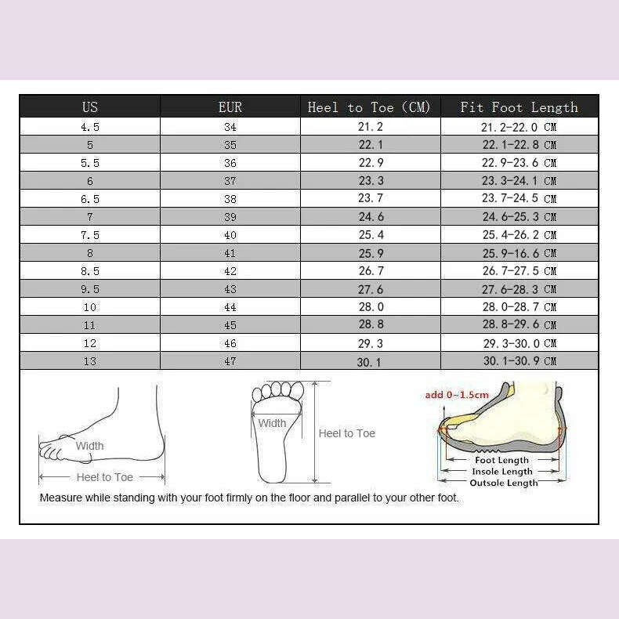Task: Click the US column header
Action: pyautogui.click(x=90, y=107)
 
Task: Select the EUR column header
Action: pyautogui.click(x=230, y=107)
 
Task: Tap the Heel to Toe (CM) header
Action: pyautogui.click(x=369, y=107)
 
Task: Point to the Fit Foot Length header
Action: pyautogui.click(x=519, y=107)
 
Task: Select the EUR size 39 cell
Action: pyautogui.click(x=230, y=217)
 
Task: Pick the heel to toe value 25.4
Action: pyautogui.click(x=370, y=235)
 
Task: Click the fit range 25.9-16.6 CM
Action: pyautogui.click(x=519, y=253)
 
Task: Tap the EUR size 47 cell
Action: pyautogui.click(x=230, y=361)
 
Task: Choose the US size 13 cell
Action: pyautogui.click(x=90, y=361)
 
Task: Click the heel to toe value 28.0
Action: pyautogui.click(x=370, y=307)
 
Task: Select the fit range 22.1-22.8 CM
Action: pyautogui.click(x=519, y=145)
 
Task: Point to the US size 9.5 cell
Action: pyautogui.click(x=90, y=289)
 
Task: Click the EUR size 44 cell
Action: pyautogui.click(x=230, y=307)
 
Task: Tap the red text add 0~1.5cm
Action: pyautogui.click(x=457, y=395)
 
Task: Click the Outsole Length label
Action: pyautogui.click(x=503, y=483)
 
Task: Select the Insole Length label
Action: pyautogui.click(x=503, y=472)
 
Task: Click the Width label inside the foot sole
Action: pyautogui.click(x=273, y=423)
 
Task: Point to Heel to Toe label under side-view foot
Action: pyautogui.click(x=104, y=477)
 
